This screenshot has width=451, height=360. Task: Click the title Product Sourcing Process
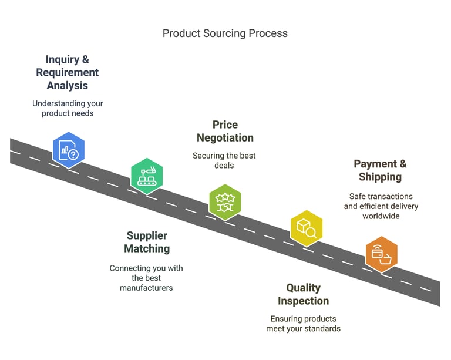point(225,33)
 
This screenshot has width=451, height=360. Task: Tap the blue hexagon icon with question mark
point(69,150)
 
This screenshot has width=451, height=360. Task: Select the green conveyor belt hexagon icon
point(147,176)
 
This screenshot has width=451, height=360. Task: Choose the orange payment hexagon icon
point(381,254)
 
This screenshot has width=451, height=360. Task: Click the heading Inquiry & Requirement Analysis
point(68,72)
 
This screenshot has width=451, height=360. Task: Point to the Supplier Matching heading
point(147,242)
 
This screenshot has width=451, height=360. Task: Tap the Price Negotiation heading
point(225,131)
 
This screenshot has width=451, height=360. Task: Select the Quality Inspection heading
point(303,294)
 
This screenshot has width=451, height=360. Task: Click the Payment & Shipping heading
point(380,170)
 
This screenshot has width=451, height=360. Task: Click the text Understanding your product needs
point(68,108)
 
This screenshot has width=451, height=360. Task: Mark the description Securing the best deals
point(224,160)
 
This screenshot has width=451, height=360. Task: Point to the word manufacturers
point(146,288)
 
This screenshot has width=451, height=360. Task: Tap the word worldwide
point(381,216)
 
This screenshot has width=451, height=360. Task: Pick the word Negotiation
point(225,138)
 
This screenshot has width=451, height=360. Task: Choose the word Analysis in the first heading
point(68,86)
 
